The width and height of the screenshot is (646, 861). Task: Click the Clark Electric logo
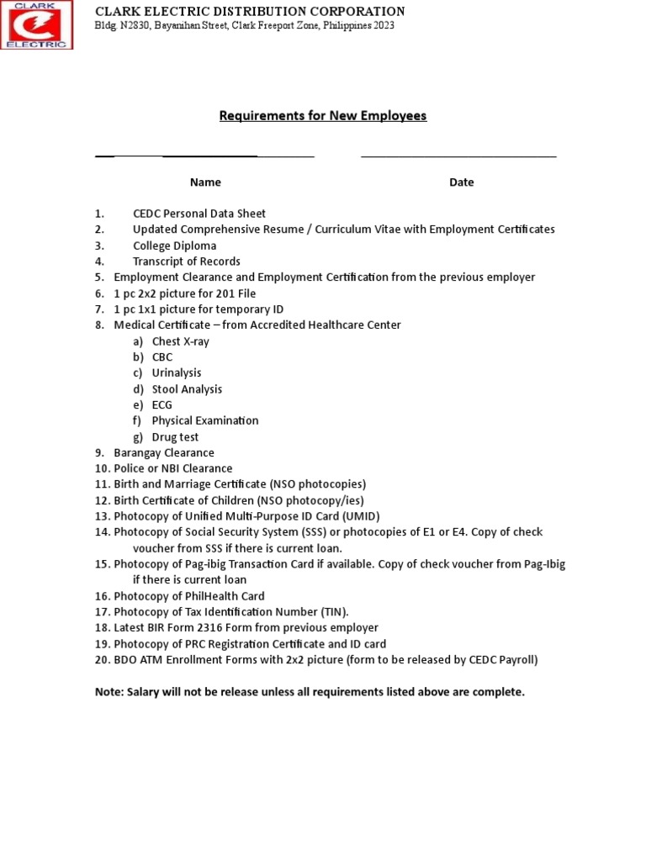(37, 25)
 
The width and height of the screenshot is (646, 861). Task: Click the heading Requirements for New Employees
(323, 116)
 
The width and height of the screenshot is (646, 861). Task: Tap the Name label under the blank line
(205, 182)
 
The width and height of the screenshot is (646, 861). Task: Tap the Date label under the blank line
(461, 182)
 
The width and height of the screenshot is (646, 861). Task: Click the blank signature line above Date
(458, 156)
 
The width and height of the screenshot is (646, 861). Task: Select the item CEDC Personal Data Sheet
(199, 214)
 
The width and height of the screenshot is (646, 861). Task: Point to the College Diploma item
(174, 246)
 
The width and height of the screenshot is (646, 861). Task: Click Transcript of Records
(186, 261)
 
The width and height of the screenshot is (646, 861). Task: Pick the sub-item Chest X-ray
(180, 341)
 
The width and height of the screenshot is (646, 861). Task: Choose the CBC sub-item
(162, 357)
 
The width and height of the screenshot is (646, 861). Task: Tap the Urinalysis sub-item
(177, 372)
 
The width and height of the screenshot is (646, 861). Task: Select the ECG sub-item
(162, 404)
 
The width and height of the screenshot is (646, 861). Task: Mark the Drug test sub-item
(175, 437)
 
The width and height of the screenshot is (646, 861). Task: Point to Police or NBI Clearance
(173, 468)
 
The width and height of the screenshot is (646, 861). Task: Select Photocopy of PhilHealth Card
(189, 596)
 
